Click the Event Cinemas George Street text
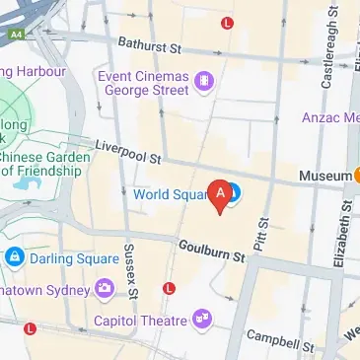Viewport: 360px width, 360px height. pos(144,81)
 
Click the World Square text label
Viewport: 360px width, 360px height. pos(170,194)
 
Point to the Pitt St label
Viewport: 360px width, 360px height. pos(261,235)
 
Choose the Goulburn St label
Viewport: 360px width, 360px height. pos(209,250)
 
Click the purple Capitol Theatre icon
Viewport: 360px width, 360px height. pos(202,319)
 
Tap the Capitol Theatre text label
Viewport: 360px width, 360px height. pos(140,321)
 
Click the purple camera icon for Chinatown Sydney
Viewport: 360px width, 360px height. pos(104,289)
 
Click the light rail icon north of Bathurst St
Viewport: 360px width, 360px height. pos(229,22)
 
